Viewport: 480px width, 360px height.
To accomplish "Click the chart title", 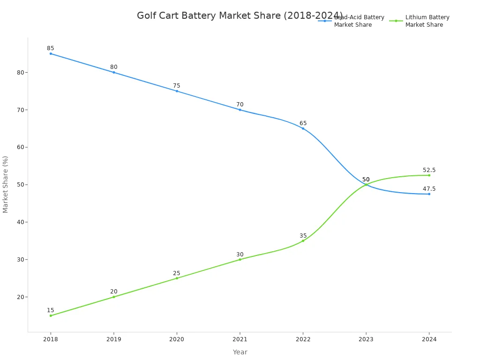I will pos(240,16).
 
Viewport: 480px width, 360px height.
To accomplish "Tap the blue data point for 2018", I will pos(51,53).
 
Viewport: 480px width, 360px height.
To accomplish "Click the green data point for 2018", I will pos(51,315).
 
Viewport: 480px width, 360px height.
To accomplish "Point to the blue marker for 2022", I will pos(303,128).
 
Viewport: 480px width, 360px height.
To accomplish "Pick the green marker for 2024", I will pos(429,175).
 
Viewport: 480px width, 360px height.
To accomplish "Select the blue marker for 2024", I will pos(429,194).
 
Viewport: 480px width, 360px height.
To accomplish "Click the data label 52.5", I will pos(429,170).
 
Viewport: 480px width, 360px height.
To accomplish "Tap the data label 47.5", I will pos(429,189).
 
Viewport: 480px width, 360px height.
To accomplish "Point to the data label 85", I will pos(51,48).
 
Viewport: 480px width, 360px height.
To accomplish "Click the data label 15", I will pos(51,310).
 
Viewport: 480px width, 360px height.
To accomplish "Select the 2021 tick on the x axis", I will pos(240,339).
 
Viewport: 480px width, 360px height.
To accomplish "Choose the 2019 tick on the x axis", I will pos(113,339).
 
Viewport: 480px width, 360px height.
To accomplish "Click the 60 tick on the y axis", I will pos(20,147).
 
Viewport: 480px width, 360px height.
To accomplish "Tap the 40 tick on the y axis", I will pos(20,222).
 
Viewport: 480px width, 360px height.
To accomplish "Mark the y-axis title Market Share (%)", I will pos(6,184).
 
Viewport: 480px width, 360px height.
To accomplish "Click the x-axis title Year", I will pos(240,352).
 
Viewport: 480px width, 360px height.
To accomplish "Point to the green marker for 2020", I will pos(177,278).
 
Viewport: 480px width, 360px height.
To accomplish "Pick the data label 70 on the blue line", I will pos(240,105).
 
